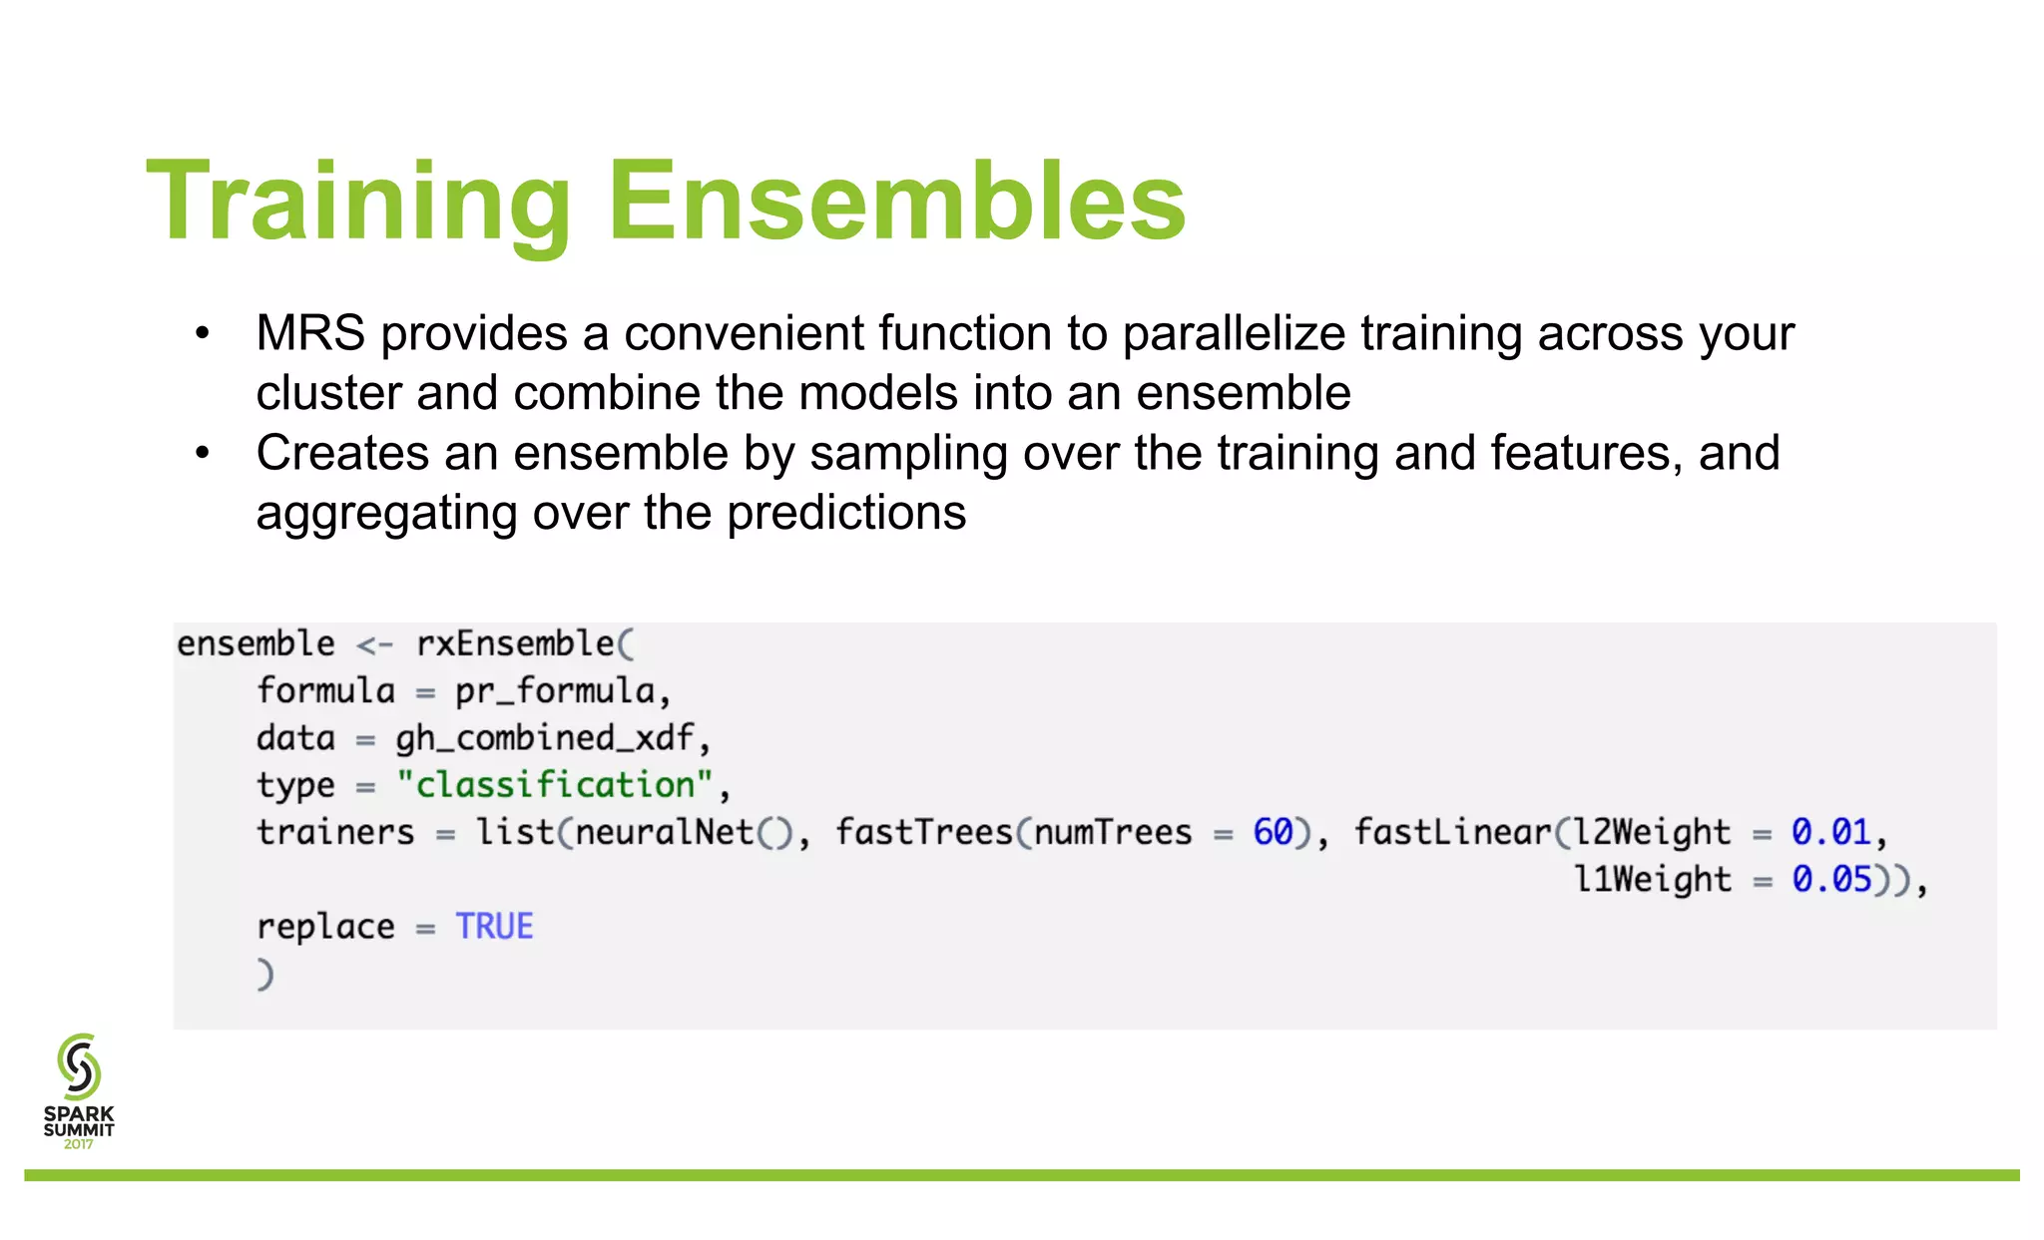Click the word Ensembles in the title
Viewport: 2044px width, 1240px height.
tap(896, 203)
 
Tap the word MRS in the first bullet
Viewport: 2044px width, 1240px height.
tap(310, 333)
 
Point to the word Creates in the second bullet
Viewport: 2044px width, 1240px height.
tap(342, 453)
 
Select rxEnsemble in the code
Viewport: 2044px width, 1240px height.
tap(515, 643)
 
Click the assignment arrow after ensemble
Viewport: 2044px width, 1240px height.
tap(374, 645)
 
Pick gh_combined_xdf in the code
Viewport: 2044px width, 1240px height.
tap(544, 738)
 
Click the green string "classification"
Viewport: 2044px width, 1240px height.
tap(555, 785)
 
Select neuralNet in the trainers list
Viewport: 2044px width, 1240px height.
tap(664, 832)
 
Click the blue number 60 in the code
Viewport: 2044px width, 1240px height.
tap(1273, 832)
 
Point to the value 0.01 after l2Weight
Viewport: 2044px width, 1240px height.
tap(1830, 832)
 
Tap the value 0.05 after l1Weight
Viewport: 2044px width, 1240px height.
tap(1830, 879)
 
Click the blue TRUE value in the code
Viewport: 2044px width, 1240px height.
tap(494, 927)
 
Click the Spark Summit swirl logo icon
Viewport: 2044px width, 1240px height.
tap(79, 1066)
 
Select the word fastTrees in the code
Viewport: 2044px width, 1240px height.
tap(923, 832)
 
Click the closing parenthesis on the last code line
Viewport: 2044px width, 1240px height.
tap(264, 974)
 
